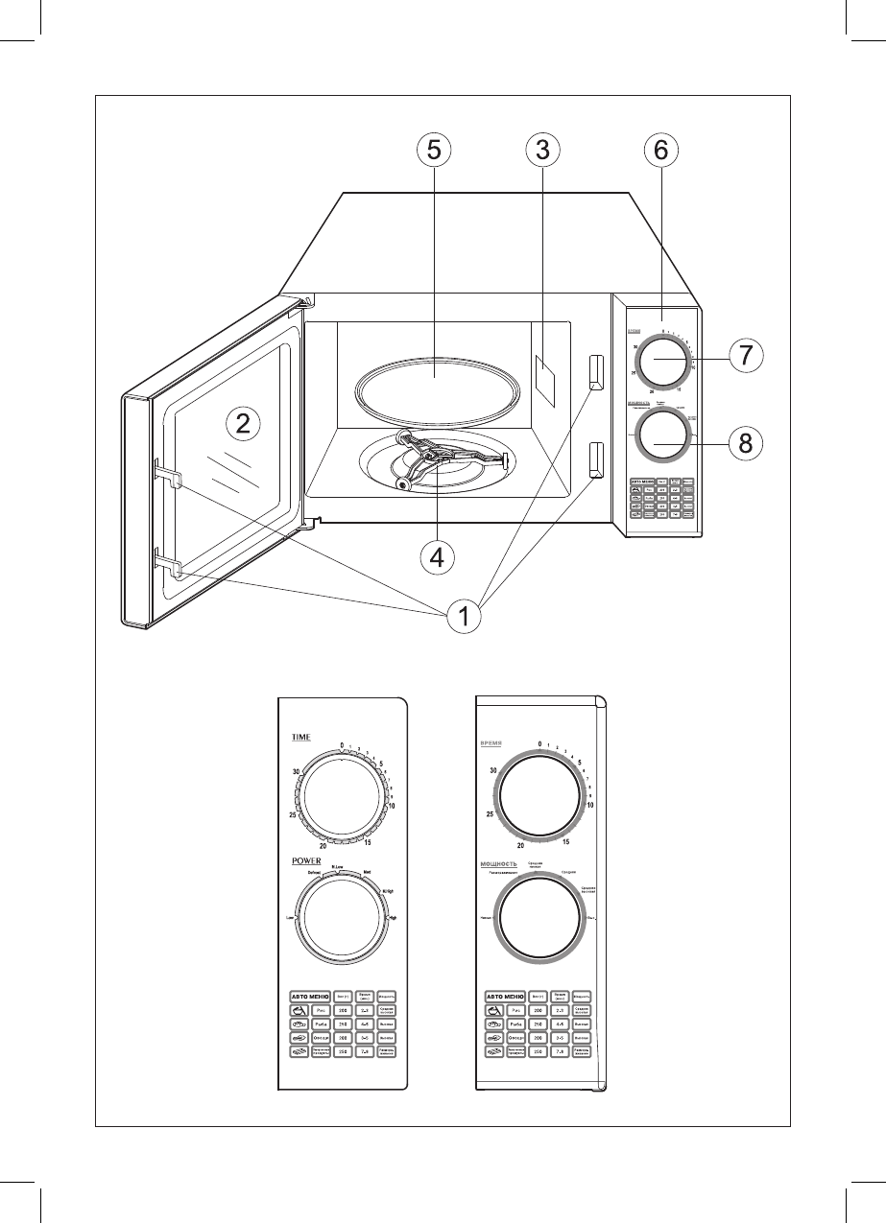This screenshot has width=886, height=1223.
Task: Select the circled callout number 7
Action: pyautogui.click(x=745, y=353)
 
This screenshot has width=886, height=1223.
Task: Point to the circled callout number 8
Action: pyautogui.click(x=745, y=443)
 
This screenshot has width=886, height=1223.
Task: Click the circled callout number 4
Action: pyautogui.click(x=437, y=557)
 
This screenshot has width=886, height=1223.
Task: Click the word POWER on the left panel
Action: pyautogui.click(x=307, y=860)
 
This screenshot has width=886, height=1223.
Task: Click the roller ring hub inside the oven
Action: pyautogui.click(x=434, y=466)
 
